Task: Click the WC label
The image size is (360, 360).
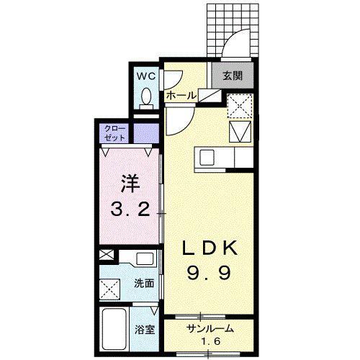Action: pos(146,76)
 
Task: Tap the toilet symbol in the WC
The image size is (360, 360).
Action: pos(146,99)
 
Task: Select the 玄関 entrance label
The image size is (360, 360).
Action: pos(233,76)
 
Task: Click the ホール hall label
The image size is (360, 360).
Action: pos(181,96)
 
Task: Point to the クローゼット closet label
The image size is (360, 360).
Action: pos(114,133)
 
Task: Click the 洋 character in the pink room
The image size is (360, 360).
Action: pos(130,184)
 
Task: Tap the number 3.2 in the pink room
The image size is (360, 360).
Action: pos(130,210)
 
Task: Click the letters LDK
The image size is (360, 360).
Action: pos(210,248)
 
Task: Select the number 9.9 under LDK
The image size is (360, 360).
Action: pos(209,273)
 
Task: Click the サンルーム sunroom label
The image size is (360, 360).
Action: pos(210,328)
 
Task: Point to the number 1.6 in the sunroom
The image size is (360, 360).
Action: pos(210,341)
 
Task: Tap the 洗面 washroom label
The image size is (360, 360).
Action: pos(144,284)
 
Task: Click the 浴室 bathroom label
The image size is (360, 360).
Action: pos(144,330)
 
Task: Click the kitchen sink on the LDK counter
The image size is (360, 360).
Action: pos(207,158)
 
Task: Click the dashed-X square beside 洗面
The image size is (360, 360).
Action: pos(109,289)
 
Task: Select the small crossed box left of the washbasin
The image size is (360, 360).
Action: pos(107,255)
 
